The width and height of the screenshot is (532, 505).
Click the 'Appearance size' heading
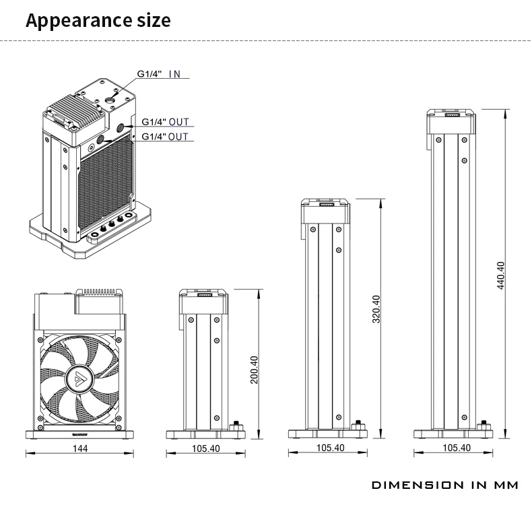point(98,20)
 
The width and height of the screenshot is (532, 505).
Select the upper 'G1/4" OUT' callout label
point(165,122)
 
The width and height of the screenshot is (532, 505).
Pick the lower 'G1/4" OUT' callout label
point(165,137)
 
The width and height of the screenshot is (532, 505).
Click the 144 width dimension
point(81,448)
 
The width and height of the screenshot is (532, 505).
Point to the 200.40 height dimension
point(254,369)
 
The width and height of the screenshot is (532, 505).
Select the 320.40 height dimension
point(376,309)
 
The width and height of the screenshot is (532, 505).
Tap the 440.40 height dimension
point(500,275)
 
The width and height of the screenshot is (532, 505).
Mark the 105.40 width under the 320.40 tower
point(330,448)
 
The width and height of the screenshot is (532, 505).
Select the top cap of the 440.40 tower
point(453,121)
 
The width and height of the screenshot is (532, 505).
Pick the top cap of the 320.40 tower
point(326,211)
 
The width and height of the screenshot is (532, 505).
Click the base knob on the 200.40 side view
point(236,426)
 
